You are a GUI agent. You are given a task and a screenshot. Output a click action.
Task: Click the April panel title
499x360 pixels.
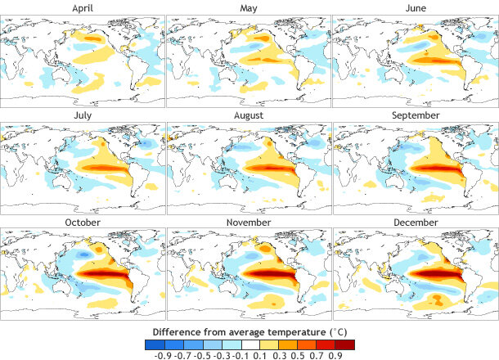click(x=83, y=7)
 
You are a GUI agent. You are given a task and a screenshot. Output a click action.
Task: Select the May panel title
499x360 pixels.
click(x=249, y=7)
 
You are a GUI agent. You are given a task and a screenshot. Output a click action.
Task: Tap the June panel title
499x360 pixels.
click(x=415, y=7)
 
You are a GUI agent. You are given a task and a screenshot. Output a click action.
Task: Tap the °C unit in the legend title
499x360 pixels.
click(x=338, y=331)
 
